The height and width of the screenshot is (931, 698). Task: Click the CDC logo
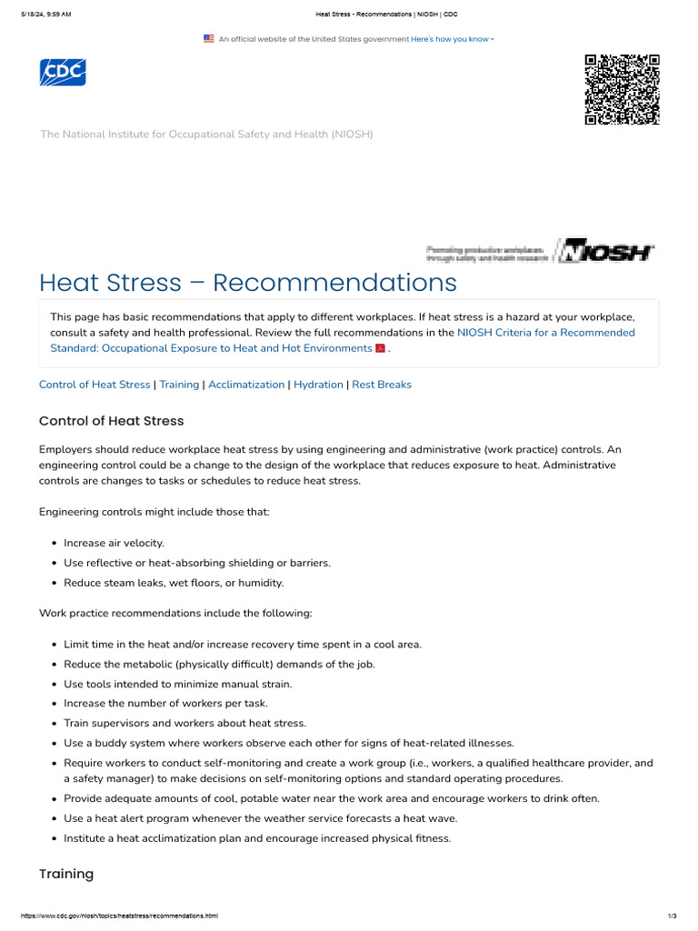click(x=63, y=72)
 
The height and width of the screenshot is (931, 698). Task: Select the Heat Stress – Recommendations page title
click(x=247, y=283)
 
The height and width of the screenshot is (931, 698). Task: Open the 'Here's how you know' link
click(x=452, y=39)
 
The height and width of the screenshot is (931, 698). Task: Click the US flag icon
click(x=209, y=39)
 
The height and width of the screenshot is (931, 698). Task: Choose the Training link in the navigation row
click(x=179, y=385)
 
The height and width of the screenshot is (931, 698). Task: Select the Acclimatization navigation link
click(x=246, y=385)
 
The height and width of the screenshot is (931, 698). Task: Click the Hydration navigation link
click(x=318, y=385)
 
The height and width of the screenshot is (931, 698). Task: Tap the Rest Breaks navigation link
click(x=382, y=385)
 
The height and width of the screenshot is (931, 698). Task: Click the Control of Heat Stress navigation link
click(x=95, y=385)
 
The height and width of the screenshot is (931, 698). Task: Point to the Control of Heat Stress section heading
click(x=111, y=421)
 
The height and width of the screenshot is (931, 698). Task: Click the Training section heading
click(x=66, y=874)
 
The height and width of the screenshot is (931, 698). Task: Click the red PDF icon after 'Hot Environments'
click(x=381, y=349)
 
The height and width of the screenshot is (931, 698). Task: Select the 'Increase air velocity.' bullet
click(x=114, y=543)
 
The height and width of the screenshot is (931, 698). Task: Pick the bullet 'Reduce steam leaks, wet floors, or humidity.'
click(x=174, y=583)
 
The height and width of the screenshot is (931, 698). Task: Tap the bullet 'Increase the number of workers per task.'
click(x=165, y=703)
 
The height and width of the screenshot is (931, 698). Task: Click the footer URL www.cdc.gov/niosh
click(x=113, y=916)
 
